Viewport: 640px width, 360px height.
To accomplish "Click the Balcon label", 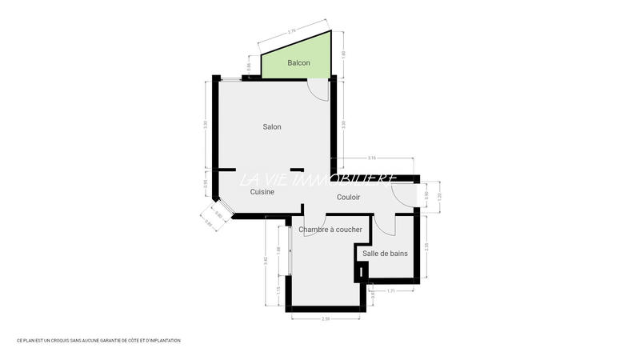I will (298, 63).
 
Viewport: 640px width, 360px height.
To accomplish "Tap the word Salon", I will (272, 126).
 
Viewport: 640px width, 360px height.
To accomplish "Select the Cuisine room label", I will (262, 192).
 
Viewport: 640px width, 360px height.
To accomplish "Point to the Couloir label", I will (348, 197).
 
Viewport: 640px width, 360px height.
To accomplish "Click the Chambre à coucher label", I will (330, 230).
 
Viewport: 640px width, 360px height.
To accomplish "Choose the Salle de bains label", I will (385, 254).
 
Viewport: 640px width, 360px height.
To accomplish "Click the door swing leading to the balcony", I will (319, 90).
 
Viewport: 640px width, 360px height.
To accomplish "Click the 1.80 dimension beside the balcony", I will (343, 54).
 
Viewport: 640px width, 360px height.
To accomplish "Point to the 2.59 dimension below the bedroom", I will (326, 318).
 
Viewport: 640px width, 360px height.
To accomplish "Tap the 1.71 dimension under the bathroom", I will (391, 290).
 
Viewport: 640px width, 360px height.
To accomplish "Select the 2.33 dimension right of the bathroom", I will (426, 246).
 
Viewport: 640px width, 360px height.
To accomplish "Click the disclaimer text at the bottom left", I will (98, 341).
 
